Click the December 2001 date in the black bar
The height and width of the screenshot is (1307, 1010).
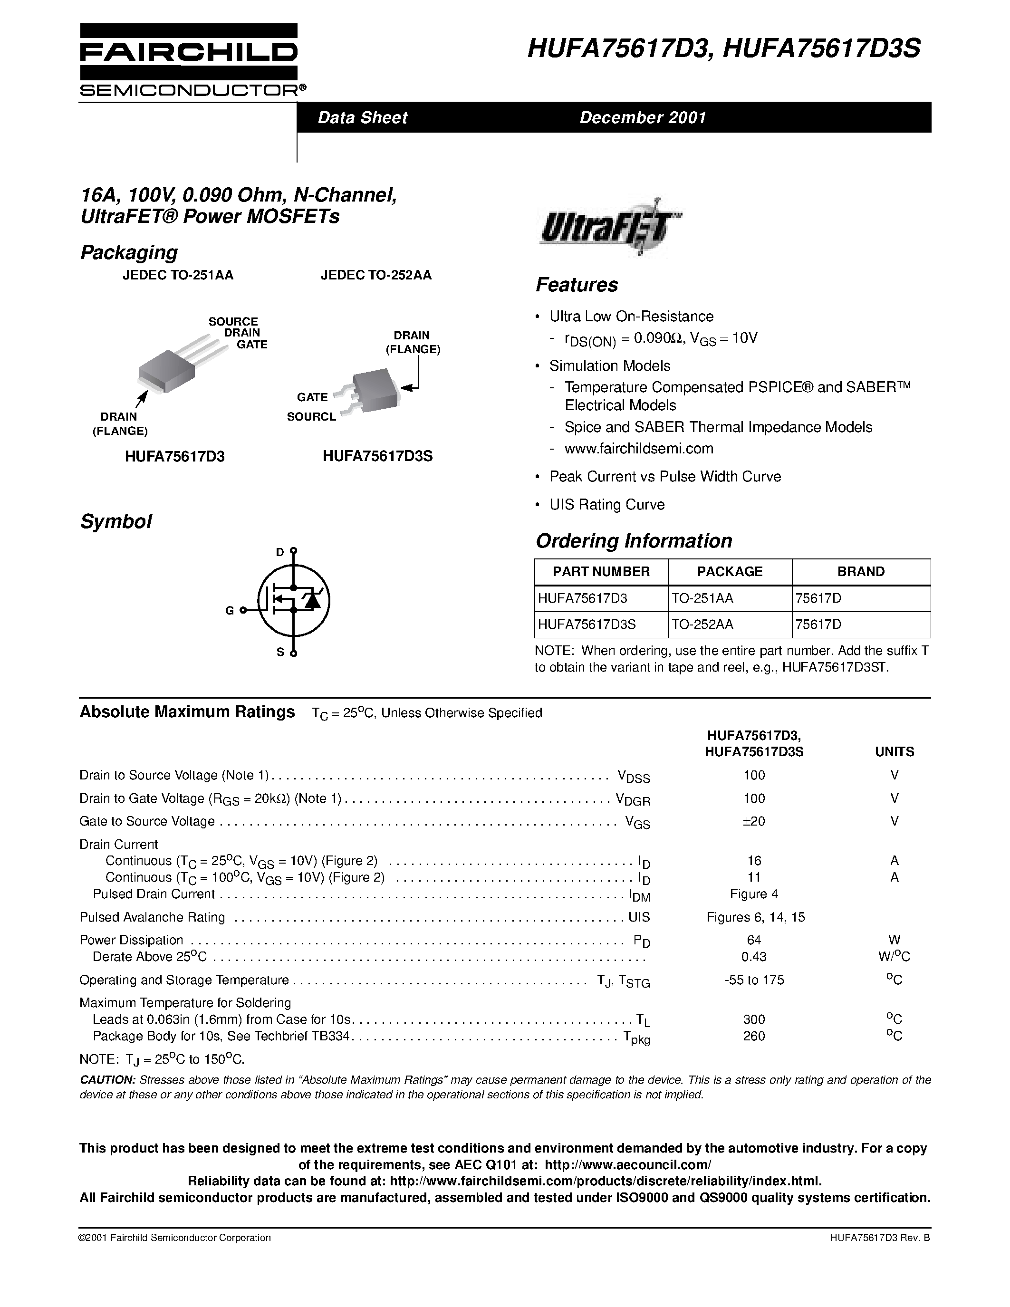coord(643,117)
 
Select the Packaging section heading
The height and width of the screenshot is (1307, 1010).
coord(129,252)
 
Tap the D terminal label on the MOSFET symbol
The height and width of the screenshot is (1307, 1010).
coord(279,552)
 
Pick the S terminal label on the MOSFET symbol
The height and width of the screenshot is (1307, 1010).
coord(279,652)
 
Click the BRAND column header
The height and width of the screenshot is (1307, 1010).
coord(860,571)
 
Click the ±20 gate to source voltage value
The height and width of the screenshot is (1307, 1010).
coord(753,821)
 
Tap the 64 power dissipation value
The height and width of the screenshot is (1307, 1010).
coord(753,940)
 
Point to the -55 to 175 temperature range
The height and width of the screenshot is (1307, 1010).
coord(753,980)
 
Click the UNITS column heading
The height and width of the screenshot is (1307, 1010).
coord(894,752)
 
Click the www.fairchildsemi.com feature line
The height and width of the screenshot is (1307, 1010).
coord(638,448)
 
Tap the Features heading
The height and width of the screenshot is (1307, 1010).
coord(576,285)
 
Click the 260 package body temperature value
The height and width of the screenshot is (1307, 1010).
coord(753,1036)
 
